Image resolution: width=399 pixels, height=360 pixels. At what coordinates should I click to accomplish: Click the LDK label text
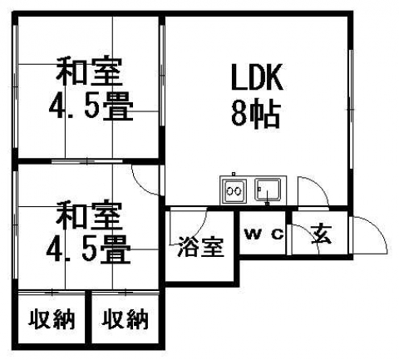(257, 77)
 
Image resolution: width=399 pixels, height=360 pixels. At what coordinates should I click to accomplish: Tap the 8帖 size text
(255, 114)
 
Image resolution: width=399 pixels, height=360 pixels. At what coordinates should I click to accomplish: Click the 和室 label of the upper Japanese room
(89, 72)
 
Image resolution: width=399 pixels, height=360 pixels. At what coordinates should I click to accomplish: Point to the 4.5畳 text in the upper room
(91, 106)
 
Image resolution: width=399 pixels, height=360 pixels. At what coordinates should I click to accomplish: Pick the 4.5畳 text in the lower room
(88, 249)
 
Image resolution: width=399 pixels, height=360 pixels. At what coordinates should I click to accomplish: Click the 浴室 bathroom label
(200, 246)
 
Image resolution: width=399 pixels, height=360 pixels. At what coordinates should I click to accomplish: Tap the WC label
(264, 234)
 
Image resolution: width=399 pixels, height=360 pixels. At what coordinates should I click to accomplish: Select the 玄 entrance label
(321, 234)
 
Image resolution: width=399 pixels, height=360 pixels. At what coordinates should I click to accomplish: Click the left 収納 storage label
(52, 319)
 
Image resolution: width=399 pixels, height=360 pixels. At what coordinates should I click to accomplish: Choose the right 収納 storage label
(125, 319)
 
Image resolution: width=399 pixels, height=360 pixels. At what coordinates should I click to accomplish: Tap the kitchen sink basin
(268, 190)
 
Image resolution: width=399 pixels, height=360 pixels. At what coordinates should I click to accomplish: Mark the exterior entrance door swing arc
(378, 229)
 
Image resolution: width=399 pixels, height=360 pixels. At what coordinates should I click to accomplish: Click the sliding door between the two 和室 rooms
(87, 161)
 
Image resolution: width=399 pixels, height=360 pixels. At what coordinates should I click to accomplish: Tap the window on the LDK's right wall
(351, 109)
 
